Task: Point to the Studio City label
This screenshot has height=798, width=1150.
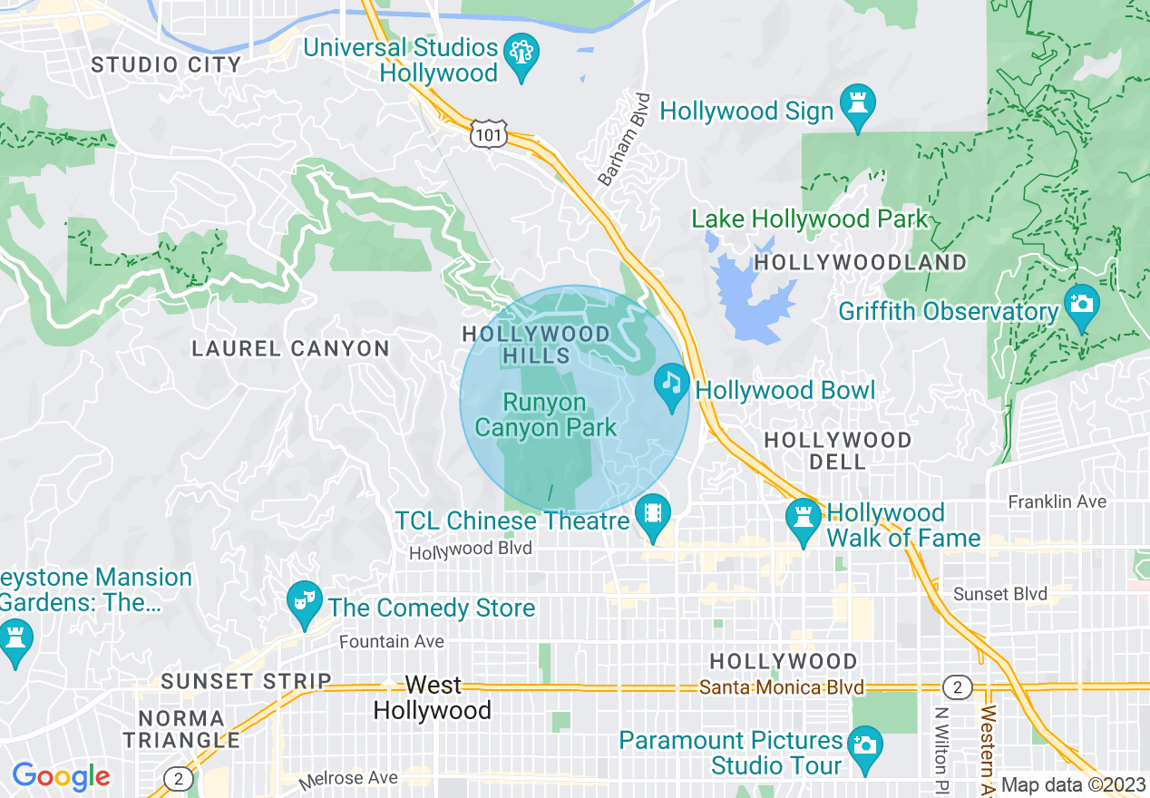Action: [167, 64]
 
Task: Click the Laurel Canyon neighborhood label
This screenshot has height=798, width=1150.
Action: [290, 348]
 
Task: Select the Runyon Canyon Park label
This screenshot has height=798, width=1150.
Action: [546, 414]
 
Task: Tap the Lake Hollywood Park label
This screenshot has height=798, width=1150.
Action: [810, 219]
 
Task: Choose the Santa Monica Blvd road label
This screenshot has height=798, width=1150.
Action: [782, 687]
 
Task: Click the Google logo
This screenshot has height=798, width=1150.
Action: [61, 776]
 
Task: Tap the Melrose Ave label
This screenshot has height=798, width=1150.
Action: [349, 778]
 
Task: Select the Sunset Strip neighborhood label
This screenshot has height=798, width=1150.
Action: [245, 681]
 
